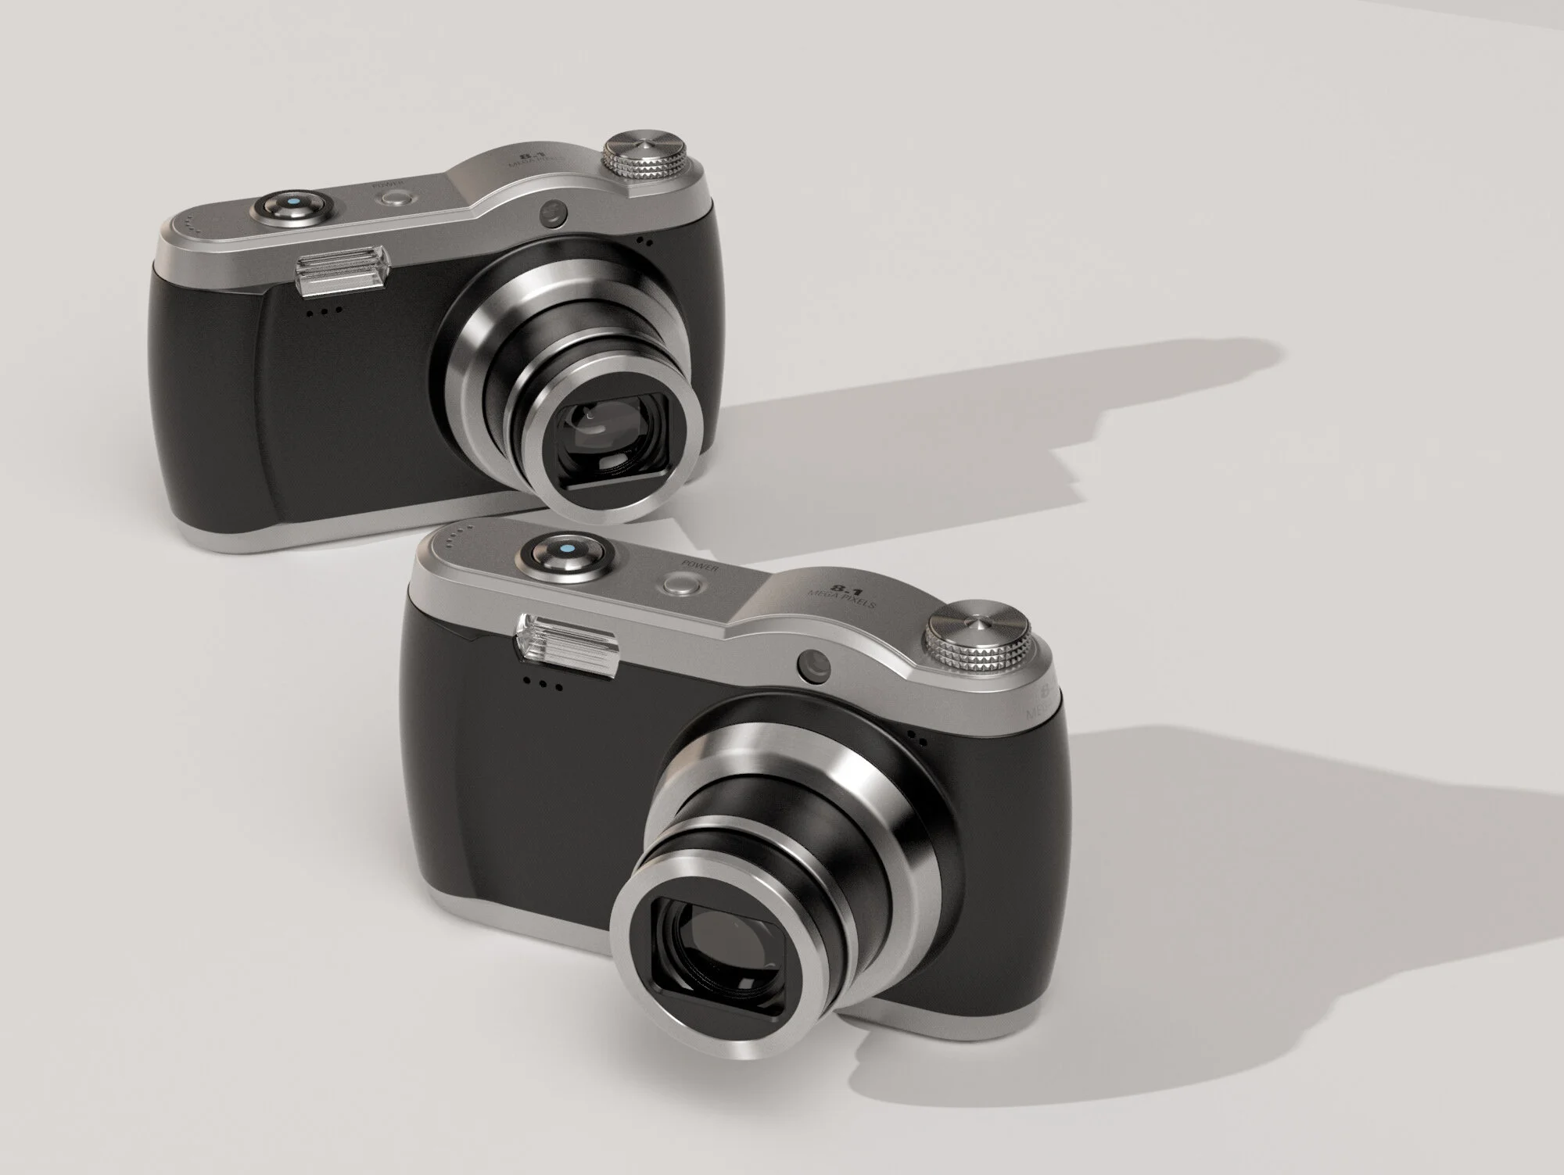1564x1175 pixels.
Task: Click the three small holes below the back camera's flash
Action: coord(325,310)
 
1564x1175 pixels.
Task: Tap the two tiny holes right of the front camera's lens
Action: coord(918,739)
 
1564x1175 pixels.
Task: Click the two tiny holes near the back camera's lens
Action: coord(644,242)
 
